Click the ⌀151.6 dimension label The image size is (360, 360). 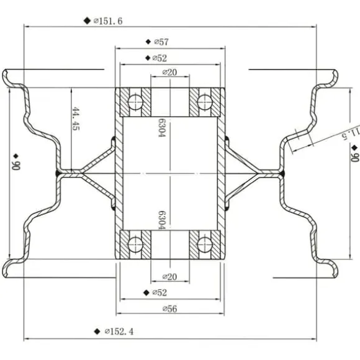pos(108,21)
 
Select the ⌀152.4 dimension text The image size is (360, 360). pos(119,331)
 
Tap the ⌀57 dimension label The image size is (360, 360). pos(161,42)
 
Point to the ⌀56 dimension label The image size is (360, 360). pos(170,309)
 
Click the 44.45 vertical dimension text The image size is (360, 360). pos(76,119)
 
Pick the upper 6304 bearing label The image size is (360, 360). pos(162,127)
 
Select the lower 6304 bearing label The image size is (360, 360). pos(162,220)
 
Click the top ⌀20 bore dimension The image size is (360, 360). pos(169,73)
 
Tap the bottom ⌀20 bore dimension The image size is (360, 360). pos(169,277)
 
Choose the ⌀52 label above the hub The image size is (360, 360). pos(160,58)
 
